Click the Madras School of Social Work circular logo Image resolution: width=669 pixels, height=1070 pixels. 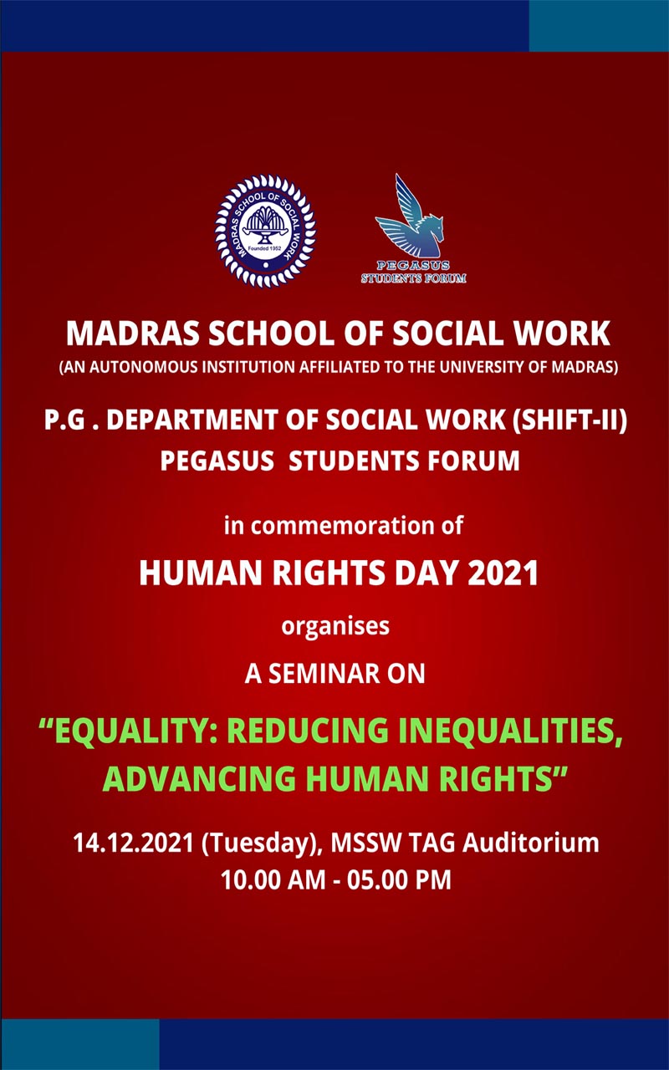pyautogui.click(x=266, y=231)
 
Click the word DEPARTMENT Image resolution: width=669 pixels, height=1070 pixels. pyautogui.click(x=192, y=420)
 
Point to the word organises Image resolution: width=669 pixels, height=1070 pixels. pyautogui.click(x=335, y=626)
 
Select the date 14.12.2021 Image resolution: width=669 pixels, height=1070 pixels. pyautogui.click(x=133, y=843)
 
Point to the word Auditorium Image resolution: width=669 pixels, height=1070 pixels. pyautogui.click(x=530, y=843)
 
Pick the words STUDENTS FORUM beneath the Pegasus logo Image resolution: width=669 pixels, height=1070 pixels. pyautogui.click(x=413, y=278)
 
